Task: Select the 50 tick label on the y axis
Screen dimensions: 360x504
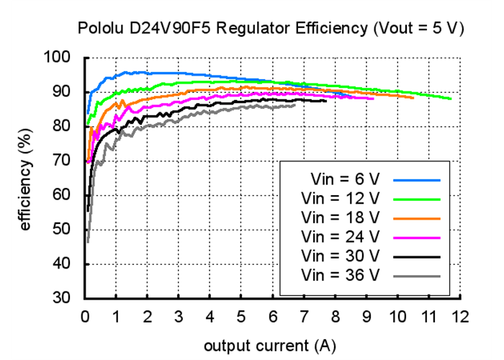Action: click(63, 230)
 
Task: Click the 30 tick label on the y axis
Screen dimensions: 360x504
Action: click(63, 298)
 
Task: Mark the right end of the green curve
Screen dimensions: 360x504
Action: click(451, 99)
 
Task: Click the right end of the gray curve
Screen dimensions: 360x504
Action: click(295, 105)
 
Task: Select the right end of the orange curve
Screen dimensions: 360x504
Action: click(413, 97)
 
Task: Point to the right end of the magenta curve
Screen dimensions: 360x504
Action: click(373, 99)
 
